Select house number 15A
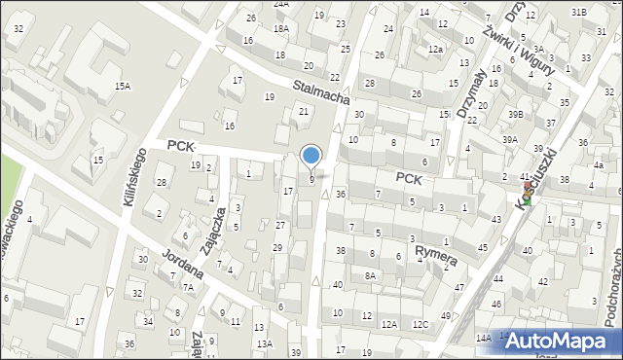click(x=122, y=87)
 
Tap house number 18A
click(x=280, y=29)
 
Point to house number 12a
click(x=435, y=50)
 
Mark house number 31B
click(x=578, y=12)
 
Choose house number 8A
click(x=370, y=275)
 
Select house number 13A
click(x=263, y=343)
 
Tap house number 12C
click(x=420, y=324)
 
